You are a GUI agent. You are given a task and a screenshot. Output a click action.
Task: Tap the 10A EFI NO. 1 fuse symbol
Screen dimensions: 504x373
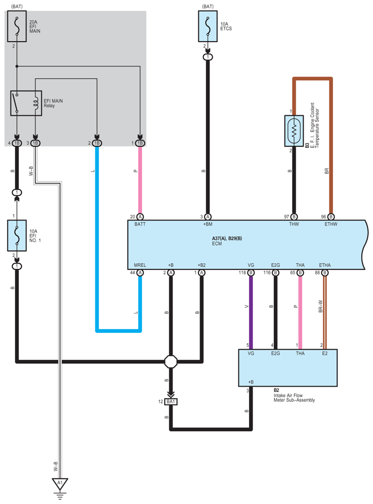[17, 235]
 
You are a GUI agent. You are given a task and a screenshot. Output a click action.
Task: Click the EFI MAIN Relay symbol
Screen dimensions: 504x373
[27, 103]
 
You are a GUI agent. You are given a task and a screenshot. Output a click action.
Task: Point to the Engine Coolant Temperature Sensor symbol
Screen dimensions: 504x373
[294, 131]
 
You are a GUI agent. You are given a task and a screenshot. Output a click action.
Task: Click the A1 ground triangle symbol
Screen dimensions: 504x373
[60, 484]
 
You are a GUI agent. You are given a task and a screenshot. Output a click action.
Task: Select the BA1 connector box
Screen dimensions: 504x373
[171, 402]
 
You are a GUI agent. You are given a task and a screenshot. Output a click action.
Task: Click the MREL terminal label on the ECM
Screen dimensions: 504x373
[140, 265]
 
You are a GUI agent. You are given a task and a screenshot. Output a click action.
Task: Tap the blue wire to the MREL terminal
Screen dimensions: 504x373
[118, 330]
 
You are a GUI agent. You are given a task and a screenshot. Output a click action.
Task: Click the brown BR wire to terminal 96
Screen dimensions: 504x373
[331, 142]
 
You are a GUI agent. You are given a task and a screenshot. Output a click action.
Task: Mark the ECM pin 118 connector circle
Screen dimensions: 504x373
[251, 273]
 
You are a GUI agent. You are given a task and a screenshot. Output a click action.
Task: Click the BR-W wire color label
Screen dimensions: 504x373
[320, 308]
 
